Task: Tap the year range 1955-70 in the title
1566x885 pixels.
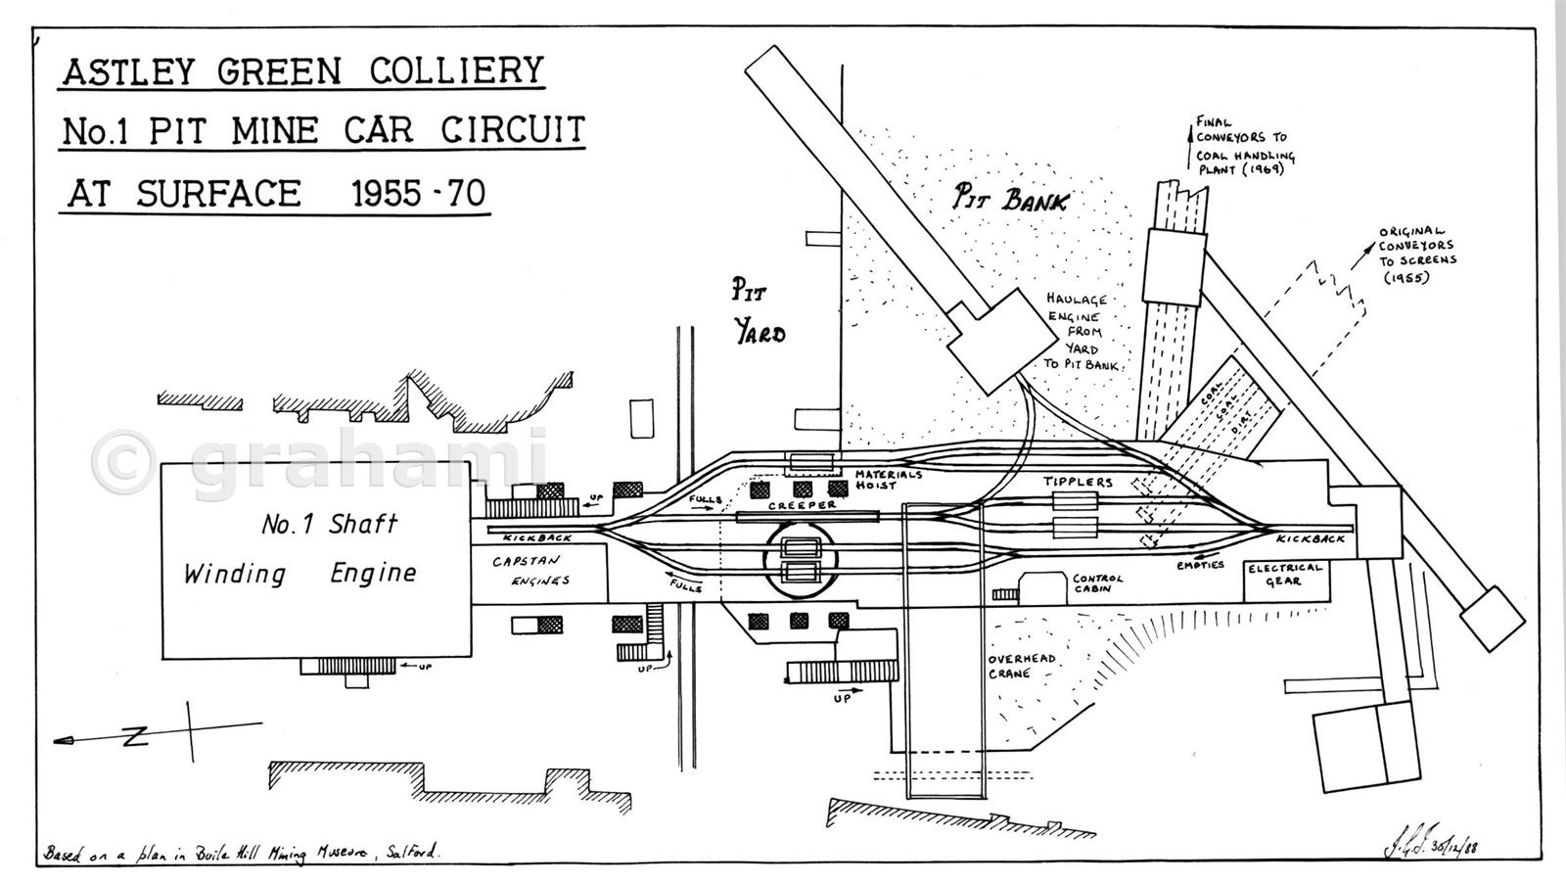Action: pos(419,193)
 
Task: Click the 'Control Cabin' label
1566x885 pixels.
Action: pos(1098,583)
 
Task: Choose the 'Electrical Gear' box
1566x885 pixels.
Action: pos(1284,575)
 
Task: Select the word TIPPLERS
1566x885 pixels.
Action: pos(1077,482)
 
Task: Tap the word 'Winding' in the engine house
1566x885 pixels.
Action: pos(235,574)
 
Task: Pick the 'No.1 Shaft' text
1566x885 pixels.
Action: pos(329,525)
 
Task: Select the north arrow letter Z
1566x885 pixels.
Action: pos(134,737)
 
